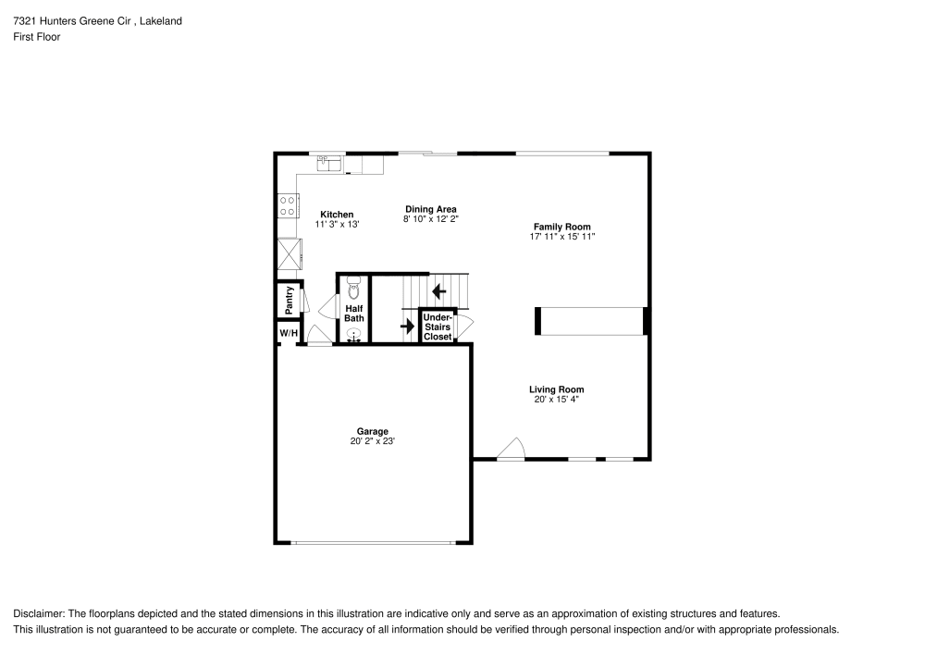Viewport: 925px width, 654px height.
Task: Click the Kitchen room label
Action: point(337,215)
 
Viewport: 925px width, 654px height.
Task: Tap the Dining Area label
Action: point(430,209)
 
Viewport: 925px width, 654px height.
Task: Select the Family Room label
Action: point(561,227)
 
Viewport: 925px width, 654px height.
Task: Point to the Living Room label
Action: point(556,389)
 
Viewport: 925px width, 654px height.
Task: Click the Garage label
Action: point(373,431)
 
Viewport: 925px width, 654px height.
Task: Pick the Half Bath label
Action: point(354,314)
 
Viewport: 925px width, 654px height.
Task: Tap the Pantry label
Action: point(290,298)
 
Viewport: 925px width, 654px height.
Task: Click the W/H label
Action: point(289,333)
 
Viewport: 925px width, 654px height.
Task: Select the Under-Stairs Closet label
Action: point(438,327)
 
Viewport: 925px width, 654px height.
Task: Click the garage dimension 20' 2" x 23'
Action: point(373,441)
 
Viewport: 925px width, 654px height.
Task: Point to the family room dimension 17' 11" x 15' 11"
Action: point(561,237)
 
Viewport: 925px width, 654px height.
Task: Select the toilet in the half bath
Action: point(353,289)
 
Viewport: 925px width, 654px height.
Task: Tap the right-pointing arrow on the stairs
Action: point(407,326)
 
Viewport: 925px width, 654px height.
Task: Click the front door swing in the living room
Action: point(510,450)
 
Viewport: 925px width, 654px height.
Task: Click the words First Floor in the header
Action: point(36,37)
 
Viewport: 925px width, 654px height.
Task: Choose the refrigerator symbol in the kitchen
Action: point(288,252)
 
